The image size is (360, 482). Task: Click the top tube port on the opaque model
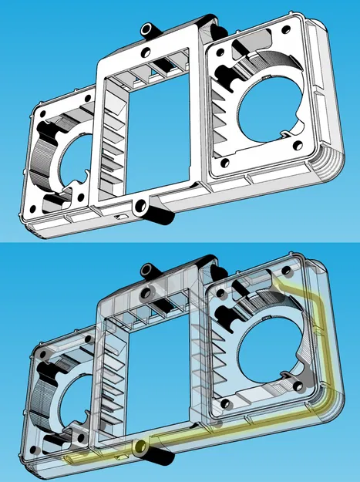click(x=147, y=29)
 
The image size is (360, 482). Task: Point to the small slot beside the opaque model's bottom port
click(x=119, y=218)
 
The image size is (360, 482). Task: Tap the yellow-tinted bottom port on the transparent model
click(x=140, y=447)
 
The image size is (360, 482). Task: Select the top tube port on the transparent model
click(x=147, y=270)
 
